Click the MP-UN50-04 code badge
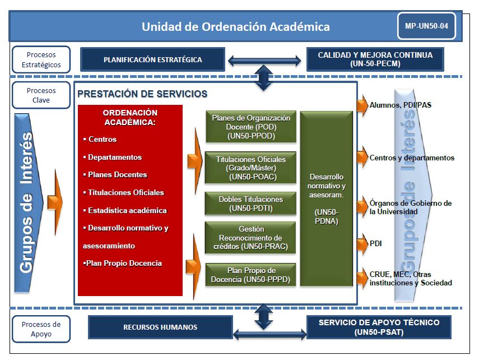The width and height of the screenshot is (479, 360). (426, 26)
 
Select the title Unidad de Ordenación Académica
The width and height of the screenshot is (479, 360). (235, 26)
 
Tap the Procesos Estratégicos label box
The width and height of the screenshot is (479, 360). (41, 59)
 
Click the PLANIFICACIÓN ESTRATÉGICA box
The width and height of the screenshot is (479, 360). (152, 59)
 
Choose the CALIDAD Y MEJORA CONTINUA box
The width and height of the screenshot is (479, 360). (375, 59)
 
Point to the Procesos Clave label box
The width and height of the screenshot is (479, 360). (41, 95)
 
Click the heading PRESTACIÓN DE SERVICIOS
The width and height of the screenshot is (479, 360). (143, 94)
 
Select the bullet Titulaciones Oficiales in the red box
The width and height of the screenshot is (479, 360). (125, 192)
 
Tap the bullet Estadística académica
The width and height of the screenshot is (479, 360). (127, 210)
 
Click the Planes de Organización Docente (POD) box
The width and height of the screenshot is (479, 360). (250, 127)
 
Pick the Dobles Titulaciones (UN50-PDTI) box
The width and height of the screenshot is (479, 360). (250, 204)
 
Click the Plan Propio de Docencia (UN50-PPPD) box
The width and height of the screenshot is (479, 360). (250, 275)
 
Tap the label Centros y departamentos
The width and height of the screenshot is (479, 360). (412, 158)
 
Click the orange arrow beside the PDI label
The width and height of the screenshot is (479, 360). (362, 244)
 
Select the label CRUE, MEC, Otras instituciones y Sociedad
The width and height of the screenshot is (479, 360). (411, 279)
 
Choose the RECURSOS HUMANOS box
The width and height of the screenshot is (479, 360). (160, 327)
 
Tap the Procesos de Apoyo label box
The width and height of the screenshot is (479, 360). (41, 329)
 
